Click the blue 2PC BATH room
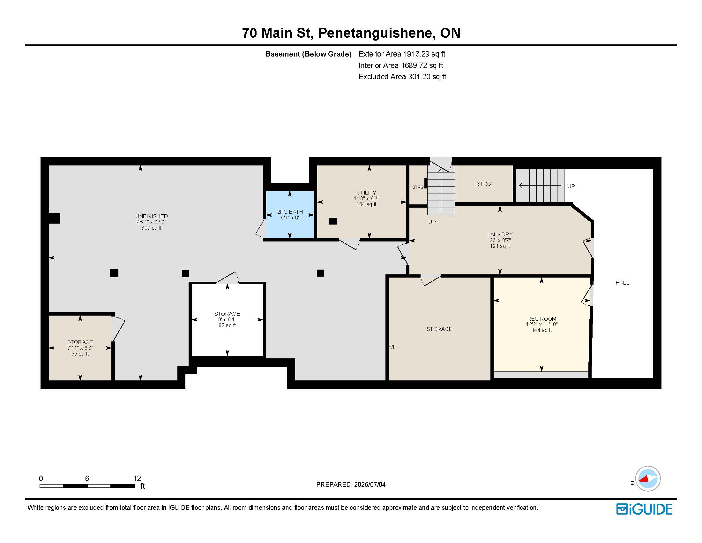[290, 215]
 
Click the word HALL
[622, 283]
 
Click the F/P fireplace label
[392, 347]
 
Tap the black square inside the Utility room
[333, 221]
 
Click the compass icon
[647, 479]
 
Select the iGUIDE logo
[644, 509]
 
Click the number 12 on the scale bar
[137, 478]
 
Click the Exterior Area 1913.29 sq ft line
[402, 54]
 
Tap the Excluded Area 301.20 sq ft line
[402, 77]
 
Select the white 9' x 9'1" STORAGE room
[227, 319]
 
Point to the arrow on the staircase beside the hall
[540, 186]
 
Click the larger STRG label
[484, 184]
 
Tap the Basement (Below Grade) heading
[308, 54]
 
